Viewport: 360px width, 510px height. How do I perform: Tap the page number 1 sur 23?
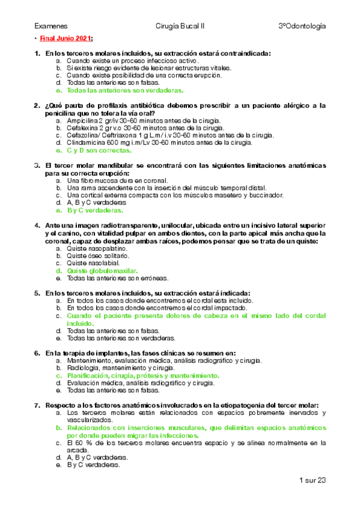(312, 480)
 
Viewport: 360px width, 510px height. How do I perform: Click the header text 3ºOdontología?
(302, 26)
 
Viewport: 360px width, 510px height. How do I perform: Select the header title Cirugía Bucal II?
(180, 26)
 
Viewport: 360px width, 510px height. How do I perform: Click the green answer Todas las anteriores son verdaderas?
(125, 90)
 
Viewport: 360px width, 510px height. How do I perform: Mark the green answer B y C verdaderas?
(96, 210)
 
